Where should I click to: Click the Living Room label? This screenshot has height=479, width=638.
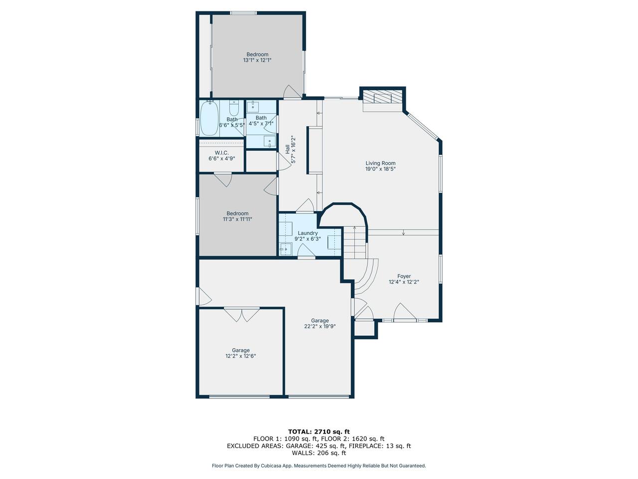coord(380,163)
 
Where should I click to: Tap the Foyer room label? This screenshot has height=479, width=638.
coord(404,276)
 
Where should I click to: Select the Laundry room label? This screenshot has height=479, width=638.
coord(308,233)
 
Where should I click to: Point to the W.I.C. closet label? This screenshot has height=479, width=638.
coord(221,153)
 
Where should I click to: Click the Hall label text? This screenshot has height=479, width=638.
coord(288,149)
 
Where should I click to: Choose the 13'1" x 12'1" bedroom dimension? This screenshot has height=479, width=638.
coord(257,60)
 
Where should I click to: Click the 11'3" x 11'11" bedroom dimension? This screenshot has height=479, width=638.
coord(237,219)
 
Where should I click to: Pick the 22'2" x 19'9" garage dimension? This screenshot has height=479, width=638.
coord(319,326)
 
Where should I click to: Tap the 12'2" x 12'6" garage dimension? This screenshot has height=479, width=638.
coord(240,356)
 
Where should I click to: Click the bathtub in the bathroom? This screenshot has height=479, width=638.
coord(209,118)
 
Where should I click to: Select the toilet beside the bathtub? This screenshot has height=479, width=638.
coord(234,108)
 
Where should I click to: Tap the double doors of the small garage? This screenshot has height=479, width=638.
coord(242,314)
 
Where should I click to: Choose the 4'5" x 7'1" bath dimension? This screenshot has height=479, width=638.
coord(261,123)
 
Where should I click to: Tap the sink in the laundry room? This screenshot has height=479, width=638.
coord(286,249)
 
